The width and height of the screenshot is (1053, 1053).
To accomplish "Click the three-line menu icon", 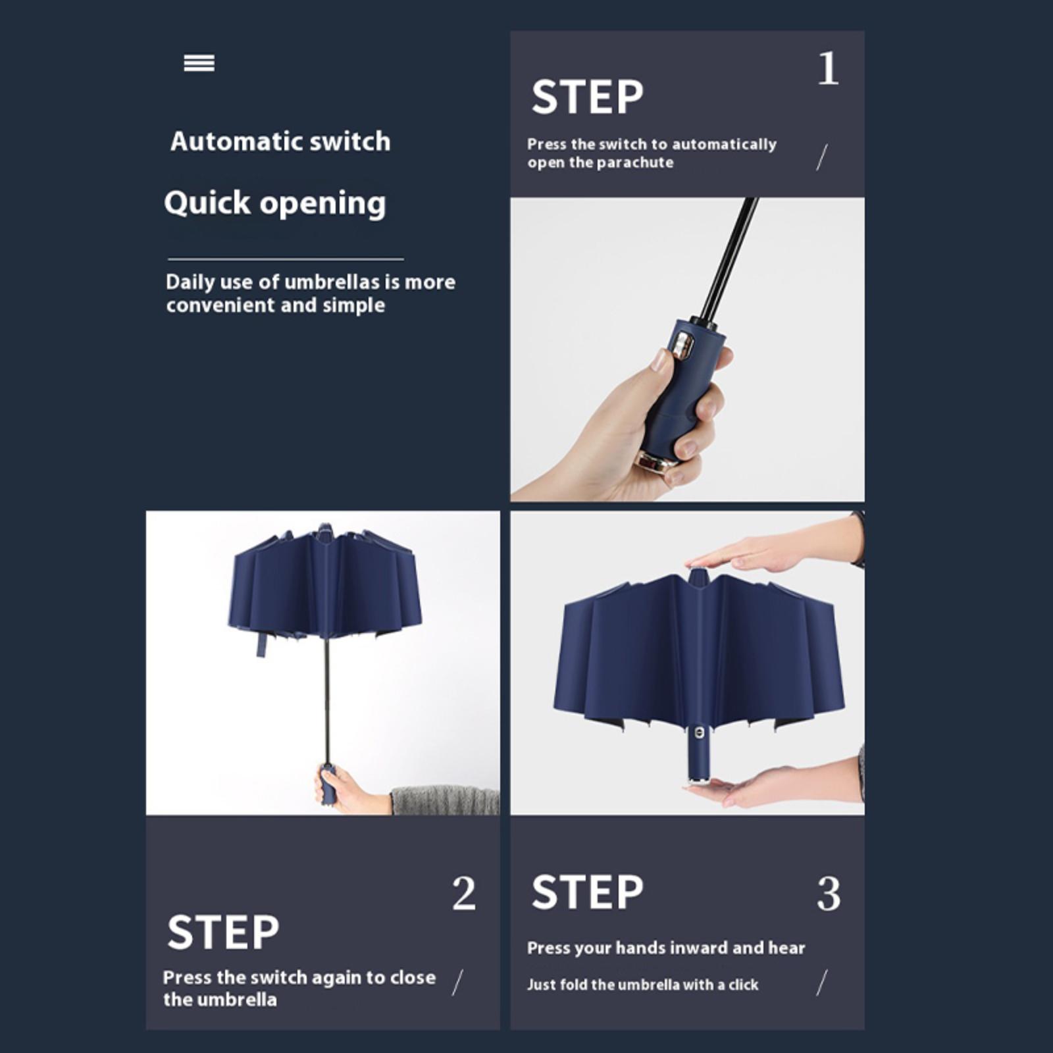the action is pos(199,63).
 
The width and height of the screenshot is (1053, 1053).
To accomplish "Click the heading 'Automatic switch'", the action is pos(280,141).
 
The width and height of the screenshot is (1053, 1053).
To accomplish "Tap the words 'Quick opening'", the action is pos(275,203).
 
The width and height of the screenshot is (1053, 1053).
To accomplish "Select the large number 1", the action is pos(828,68).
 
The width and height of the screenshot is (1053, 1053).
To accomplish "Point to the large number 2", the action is pos(463,893).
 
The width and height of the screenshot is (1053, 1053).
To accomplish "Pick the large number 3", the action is pos(829,893).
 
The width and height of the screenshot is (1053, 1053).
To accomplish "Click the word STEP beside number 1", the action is pos(587,97).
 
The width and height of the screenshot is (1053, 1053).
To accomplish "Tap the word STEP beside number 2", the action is pos(223,932).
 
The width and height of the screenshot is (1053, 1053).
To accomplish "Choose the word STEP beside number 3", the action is pos(587,892).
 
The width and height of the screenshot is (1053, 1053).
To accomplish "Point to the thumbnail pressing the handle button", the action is pos(659,361).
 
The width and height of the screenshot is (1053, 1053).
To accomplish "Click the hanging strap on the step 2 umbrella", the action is pos(262,644).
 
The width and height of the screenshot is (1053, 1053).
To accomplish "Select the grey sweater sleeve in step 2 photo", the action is pos(446,800).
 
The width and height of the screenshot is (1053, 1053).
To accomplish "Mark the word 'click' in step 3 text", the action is pos(744,985).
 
